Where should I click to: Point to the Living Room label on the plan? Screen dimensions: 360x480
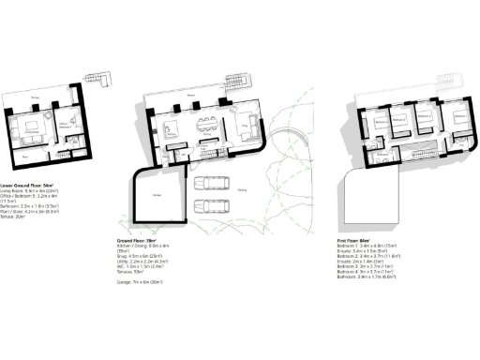[30, 134]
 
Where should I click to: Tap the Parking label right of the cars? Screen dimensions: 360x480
[241, 195]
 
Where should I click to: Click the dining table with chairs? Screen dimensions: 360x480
[206, 125]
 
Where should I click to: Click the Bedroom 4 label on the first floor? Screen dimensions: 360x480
[382, 122]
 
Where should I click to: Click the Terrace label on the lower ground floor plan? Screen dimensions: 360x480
[36, 96]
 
